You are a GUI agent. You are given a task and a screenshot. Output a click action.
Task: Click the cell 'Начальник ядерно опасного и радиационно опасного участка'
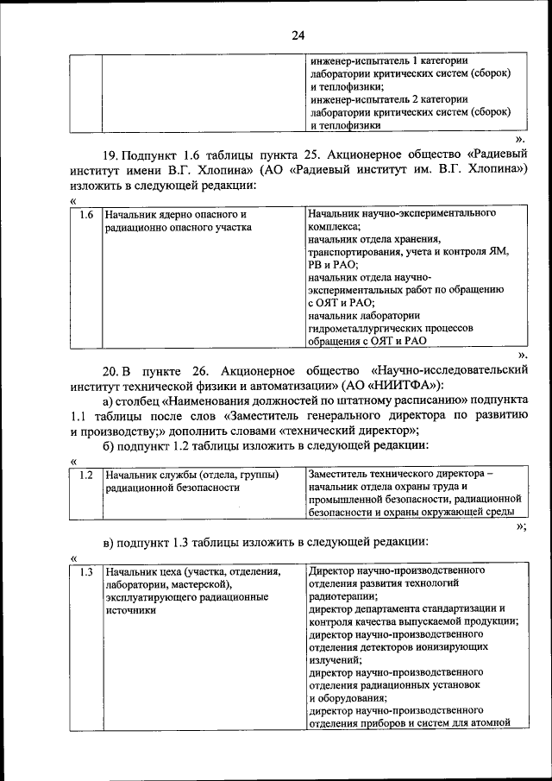click(x=176, y=220)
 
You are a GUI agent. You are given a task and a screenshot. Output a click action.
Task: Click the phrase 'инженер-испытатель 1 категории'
click(x=388, y=61)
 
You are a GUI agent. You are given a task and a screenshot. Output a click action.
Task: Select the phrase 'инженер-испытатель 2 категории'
click(x=388, y=99)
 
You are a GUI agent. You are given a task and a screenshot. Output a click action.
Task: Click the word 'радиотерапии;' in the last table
click(x=342, y=596)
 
